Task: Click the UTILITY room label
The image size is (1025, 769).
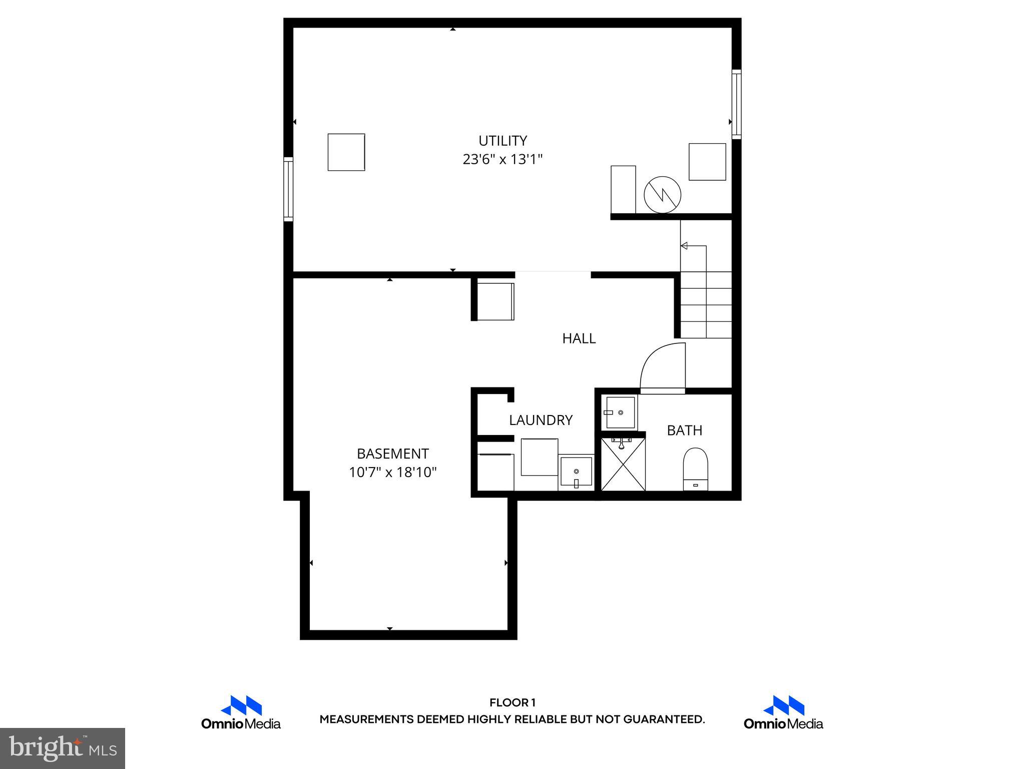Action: (x=502, y=141)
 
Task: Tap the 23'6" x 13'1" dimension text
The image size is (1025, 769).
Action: (x=502, y=159)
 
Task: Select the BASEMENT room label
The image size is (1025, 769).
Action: (x=392, y=454)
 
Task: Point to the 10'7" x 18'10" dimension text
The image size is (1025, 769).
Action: (x=392, y=472)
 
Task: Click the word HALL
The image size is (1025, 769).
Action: (x=579, y=338)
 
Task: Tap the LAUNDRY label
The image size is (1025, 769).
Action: (x=541, y=420)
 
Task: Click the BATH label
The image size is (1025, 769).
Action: (x=684, y=430)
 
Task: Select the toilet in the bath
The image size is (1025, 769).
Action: (x=696, y=469)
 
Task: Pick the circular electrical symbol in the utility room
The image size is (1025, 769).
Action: (x=662, y=195)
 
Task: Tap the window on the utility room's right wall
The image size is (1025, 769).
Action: (x=736, y=104)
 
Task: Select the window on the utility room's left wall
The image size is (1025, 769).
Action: (x=288, y=189)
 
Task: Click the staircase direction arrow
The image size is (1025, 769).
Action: (x=684, y=246)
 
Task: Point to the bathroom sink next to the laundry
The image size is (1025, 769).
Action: (x=620, y=412)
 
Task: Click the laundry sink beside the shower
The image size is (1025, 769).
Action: (x=576, y=471)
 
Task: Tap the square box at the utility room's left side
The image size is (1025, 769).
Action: (x=346, y=152)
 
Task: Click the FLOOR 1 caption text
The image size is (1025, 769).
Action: (x=512, y=703)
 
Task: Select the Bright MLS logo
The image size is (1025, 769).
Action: (x=62, y=748)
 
